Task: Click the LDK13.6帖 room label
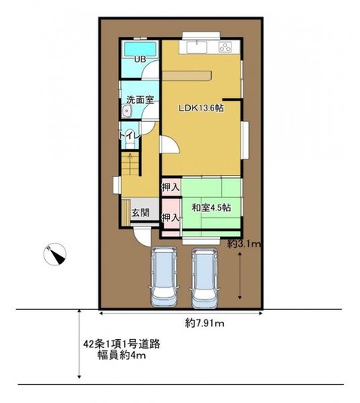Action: tap(201, 108)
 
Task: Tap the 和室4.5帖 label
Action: tap(210, 207)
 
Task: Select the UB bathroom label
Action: tap(139, 60)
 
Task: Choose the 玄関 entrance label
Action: tap(140, 213)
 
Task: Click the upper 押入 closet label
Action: tap(171, 186)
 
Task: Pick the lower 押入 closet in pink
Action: tap(171, 217)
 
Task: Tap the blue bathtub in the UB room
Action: tap(140, 50)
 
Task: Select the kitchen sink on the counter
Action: tap(201, 47)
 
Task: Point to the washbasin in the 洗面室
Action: tap(126, 111)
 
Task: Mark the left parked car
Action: tap(165, 276)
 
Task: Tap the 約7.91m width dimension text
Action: tap(206, 323)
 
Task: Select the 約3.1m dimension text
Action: tap(244, 244)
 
